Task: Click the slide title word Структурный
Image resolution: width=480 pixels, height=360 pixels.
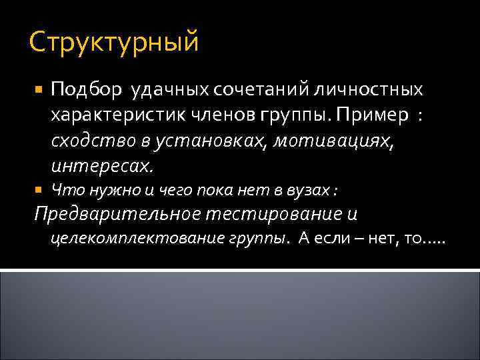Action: click(114, 43)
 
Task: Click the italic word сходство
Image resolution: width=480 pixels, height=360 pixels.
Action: click(88, 141)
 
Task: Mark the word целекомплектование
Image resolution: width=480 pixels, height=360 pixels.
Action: click(137, 239)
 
